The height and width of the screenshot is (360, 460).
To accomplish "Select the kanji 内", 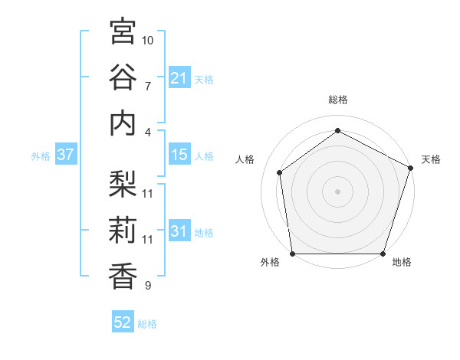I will (123, 123).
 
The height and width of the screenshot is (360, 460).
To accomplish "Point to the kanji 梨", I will (123, 185).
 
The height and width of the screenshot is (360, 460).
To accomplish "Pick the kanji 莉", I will (123, 231).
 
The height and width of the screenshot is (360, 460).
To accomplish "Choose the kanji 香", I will (123, 277).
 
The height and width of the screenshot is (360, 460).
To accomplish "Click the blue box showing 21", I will (179, 78).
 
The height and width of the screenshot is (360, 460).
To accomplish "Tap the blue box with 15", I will (179, 155).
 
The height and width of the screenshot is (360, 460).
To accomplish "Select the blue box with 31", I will (179, 232).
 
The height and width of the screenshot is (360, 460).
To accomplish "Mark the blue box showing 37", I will (65, 155).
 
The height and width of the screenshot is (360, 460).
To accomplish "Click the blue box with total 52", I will (123, 322).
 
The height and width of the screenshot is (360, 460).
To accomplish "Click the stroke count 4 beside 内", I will (148, 132).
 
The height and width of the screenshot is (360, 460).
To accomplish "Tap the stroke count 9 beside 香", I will (148, 286).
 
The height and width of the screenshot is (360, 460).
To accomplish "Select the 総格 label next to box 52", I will (147, 324).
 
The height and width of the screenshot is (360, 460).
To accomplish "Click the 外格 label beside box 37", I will (41, 156).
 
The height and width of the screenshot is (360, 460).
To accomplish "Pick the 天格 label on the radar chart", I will (431, 159).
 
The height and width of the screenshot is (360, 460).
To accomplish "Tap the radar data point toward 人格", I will (280, 172).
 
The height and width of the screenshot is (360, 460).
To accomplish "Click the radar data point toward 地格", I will (383, 254).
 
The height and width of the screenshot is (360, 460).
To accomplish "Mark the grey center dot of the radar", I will (337, 191).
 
